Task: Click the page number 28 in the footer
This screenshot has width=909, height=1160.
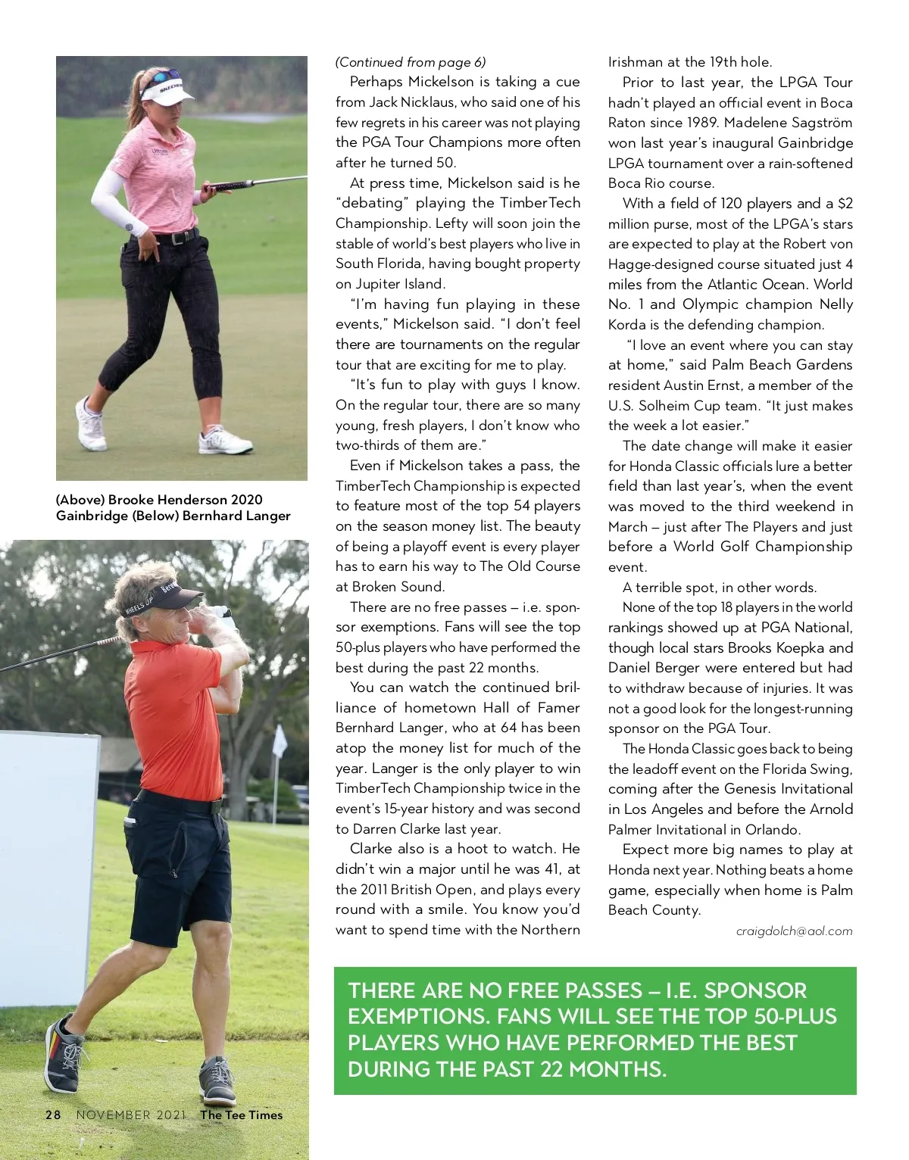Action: pos(53,1115)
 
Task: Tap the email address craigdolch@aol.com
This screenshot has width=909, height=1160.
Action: pos(794,931)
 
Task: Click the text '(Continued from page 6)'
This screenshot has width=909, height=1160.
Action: pos(411,62)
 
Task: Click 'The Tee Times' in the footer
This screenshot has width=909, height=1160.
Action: pos(241,1115)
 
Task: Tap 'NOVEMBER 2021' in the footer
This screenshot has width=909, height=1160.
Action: pos(130,1115)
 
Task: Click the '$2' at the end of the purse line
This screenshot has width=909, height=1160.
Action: pos(845,204)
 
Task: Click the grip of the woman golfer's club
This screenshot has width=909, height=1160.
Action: pos(227,185)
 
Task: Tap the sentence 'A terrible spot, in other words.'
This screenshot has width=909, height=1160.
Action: pos(720,588)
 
